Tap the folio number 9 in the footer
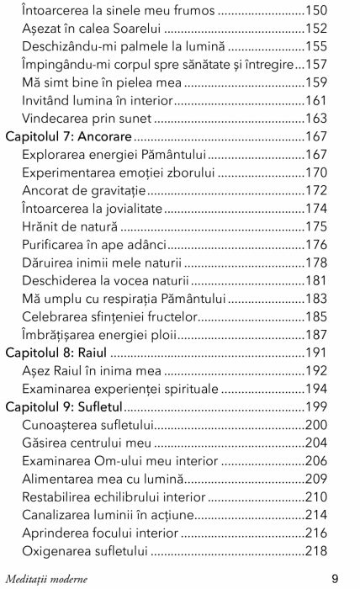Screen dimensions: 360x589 click(335, 578)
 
